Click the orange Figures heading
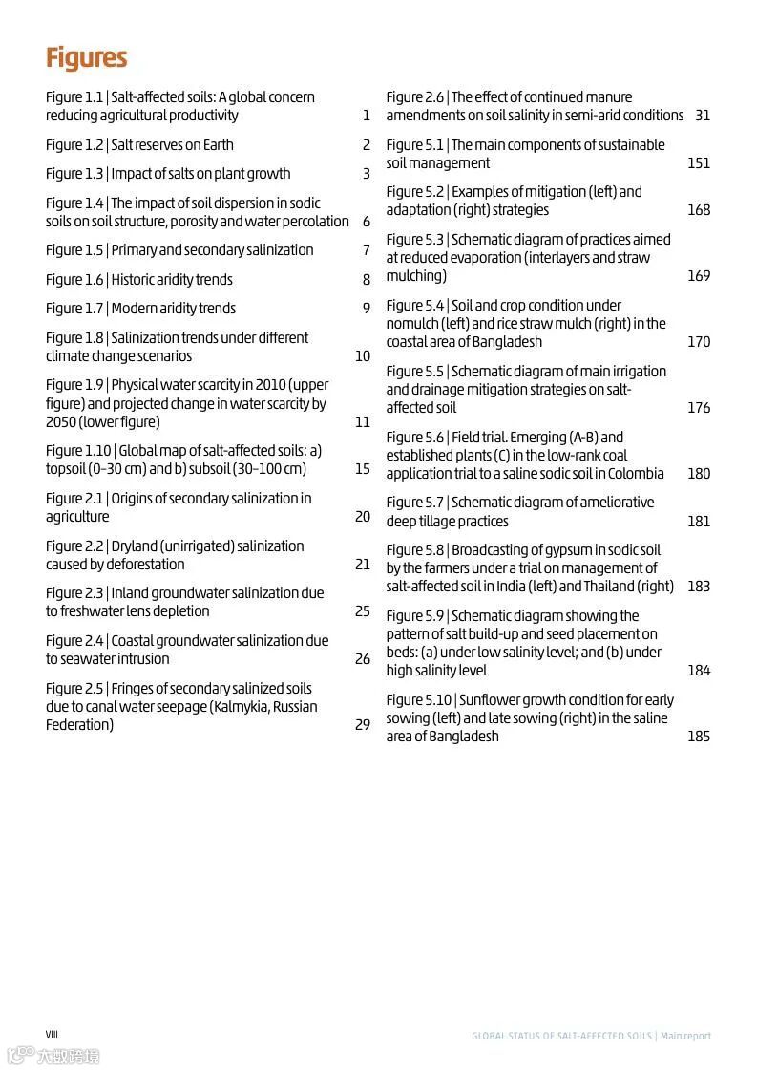coord(86,58)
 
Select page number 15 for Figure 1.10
coord(363,469)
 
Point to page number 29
coord(363,725)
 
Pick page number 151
coord(699,163)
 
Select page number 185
coord(699,737)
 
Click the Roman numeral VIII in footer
coord(52,1035)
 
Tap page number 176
coord(699,408)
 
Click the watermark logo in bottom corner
coord(53,1056)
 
